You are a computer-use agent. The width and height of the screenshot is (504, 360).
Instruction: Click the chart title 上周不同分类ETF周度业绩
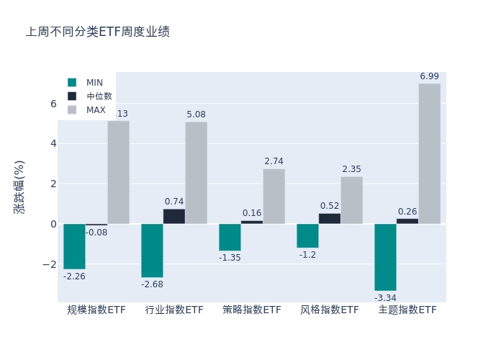pos(98,32)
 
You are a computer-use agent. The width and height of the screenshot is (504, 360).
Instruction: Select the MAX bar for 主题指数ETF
pos(429,153)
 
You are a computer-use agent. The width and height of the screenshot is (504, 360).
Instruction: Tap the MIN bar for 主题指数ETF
pos(385,257)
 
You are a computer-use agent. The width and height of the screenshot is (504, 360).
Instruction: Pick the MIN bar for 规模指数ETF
pos(74,246)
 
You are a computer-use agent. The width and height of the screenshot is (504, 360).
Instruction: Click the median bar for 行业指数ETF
pos(174,216)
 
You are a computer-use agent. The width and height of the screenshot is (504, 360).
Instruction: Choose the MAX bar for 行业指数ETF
pos(196,173)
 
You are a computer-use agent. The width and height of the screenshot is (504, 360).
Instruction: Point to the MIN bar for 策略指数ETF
pos(230,237)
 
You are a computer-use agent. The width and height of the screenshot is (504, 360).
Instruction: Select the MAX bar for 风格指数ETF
pos(351,200)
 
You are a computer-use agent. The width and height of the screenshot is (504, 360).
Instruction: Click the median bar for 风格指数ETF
pos(330,218)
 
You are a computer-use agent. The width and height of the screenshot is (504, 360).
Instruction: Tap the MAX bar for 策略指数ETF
pos(274,196)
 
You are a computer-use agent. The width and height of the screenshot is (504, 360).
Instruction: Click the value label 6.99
pos(429,76)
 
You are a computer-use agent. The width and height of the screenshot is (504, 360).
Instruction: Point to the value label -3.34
pos(385,297)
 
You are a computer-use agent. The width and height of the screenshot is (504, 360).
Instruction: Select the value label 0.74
pos(174,202)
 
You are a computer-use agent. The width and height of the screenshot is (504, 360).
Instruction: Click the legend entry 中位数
pos(99,96)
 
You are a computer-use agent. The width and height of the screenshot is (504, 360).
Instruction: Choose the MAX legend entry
pos(96,110)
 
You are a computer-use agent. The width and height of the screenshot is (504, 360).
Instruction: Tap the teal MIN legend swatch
pos(72,82)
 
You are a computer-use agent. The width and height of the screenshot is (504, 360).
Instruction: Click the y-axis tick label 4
pos(53,143)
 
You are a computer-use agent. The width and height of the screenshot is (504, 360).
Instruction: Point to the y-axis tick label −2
pos(50,264)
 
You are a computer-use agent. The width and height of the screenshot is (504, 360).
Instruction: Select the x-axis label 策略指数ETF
pos(252,310)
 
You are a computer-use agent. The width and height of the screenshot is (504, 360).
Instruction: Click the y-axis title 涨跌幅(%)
pos(19,186)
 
